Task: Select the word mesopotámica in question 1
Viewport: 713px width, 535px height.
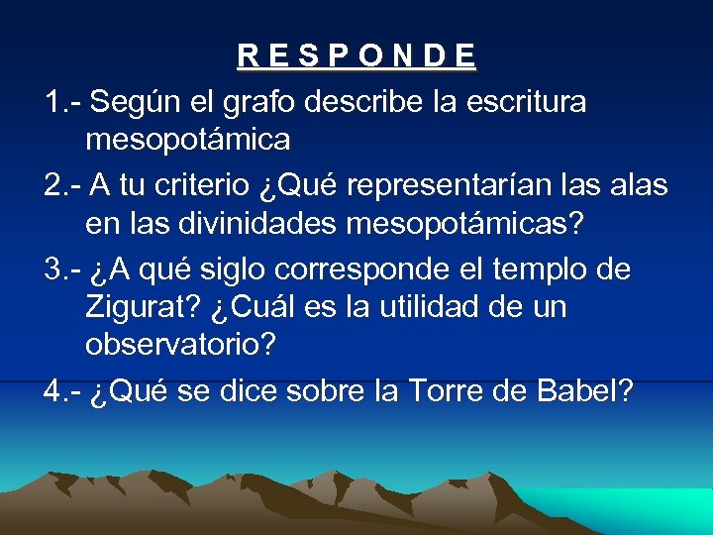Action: [x=188, y=141]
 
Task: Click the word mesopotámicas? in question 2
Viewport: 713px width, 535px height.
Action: [x=465, y=224]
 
